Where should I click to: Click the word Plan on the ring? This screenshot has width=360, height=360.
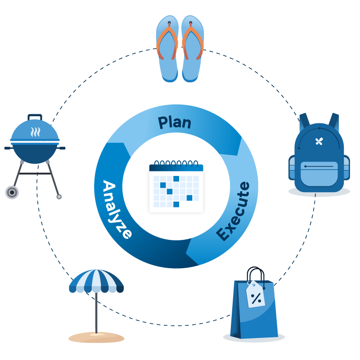coord(175,122)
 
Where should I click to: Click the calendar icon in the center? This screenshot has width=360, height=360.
coord(176,187)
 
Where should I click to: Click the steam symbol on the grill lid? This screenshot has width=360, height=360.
coord(35,132)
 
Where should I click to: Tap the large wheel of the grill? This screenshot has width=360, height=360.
coord(12,193)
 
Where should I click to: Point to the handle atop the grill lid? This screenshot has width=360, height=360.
coord(35,117)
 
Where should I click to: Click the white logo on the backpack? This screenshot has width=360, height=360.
coord(319,141)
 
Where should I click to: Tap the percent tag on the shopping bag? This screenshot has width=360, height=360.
coord(256,295)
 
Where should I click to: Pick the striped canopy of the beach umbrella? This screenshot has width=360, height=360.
coord(96,281)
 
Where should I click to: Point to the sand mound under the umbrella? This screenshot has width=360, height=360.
coord(96,337)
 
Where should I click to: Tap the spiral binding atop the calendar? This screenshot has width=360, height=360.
coord(176,162)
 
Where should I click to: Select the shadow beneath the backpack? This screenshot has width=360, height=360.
coord(319,192)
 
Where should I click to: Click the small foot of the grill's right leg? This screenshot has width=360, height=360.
coord(59,197)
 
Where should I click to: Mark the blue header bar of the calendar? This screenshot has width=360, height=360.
coord(176,168)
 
